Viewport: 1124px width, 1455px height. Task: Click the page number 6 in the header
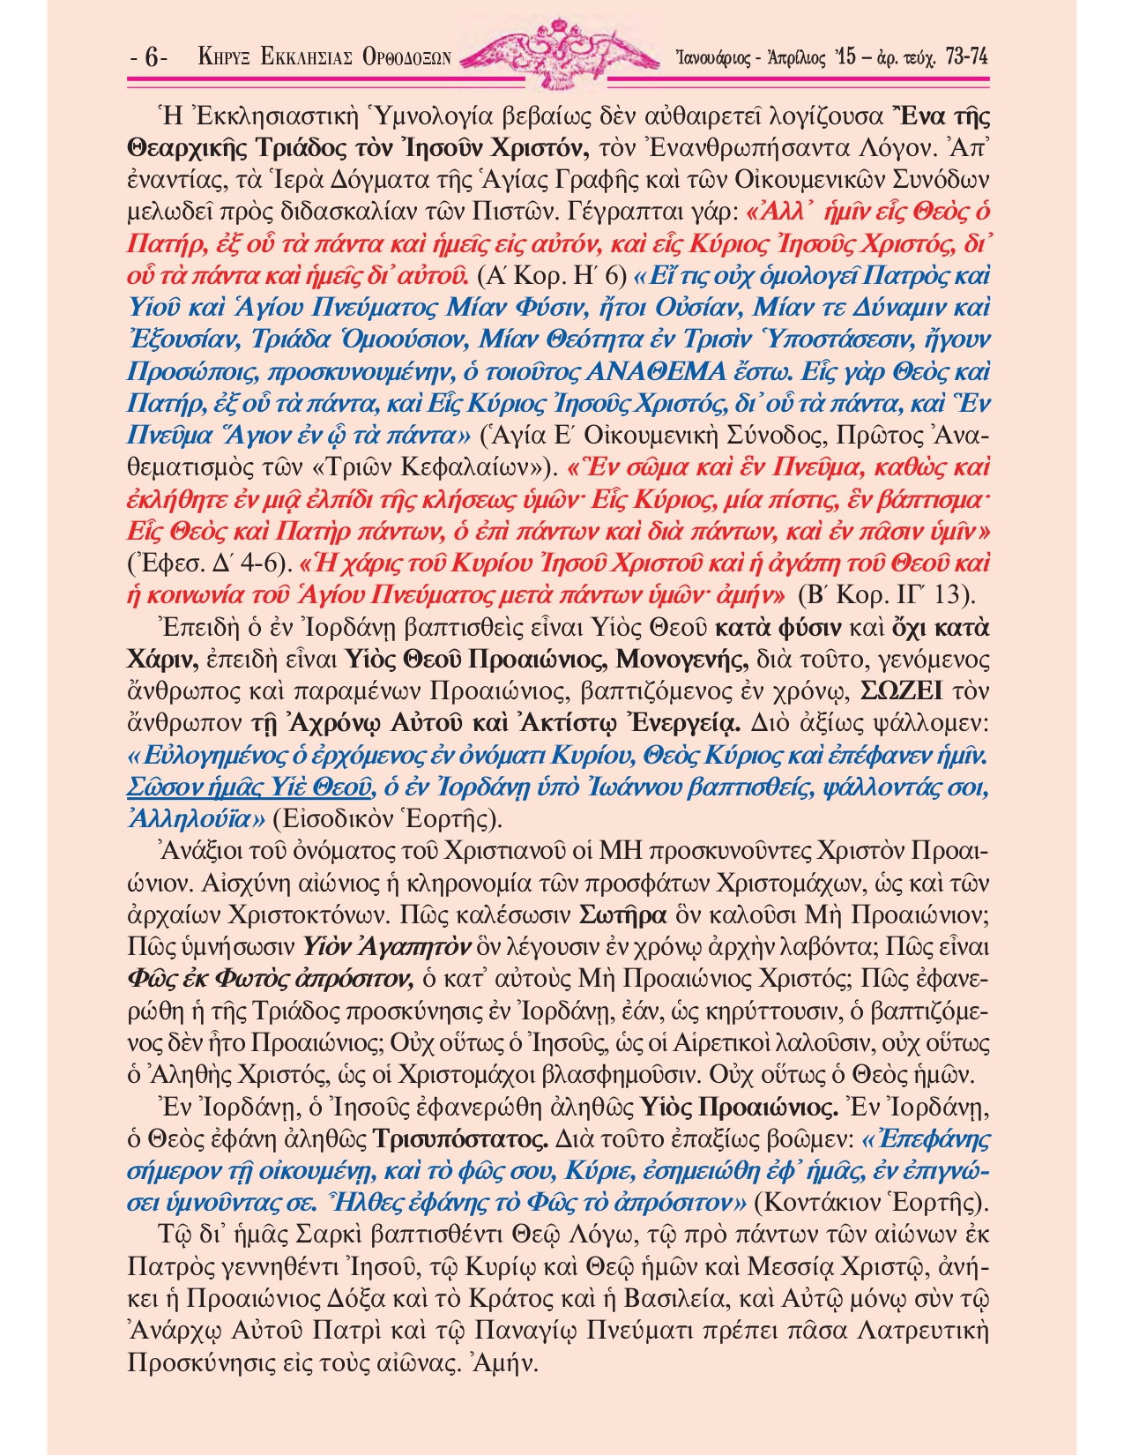(x=151, y=58)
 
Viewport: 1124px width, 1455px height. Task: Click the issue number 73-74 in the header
(x=964, y=57)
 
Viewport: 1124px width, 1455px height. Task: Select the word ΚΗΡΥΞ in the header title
(x=226, y=58)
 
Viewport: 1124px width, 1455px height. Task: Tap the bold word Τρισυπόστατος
(x=457, y=1138)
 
